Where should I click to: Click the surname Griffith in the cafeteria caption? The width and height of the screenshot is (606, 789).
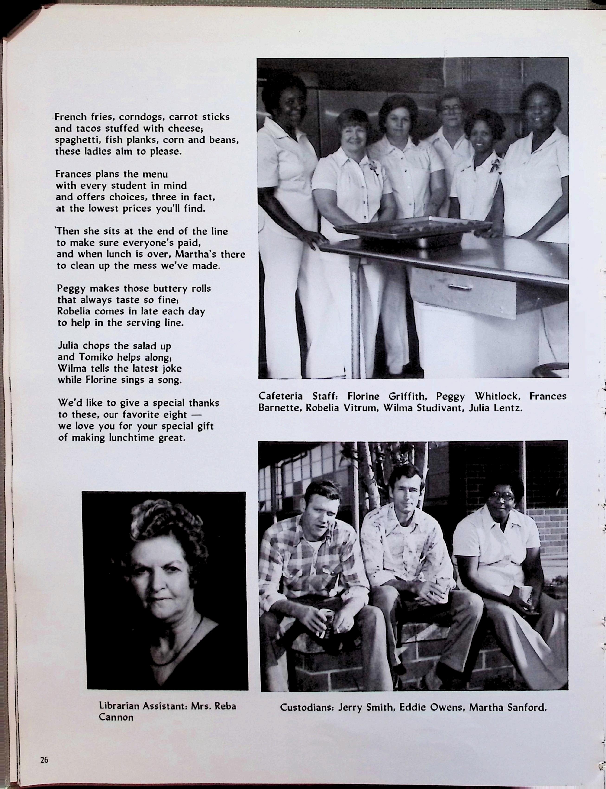(x=408, y=397)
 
